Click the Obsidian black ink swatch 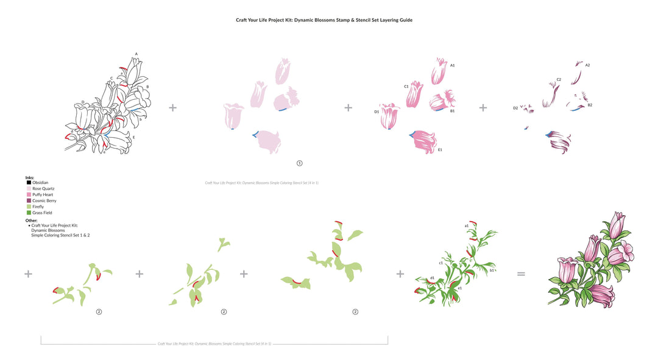pyautogui.click(x=29, y=183)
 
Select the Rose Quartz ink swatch pyautogui.click(x=29, y=189)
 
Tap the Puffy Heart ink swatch pyautogui.click(x=29, y=195)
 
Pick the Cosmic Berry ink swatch pyautogui.click(x=29, y=200)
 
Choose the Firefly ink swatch pyautogui.click(x=29, y=206)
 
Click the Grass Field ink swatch pyautogui.click(x=29, y=213)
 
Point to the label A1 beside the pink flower pyautogui.click(x=453, y=65)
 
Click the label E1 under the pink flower pyautogui.click(x=440, y=149)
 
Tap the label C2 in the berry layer pyautogui.click(x=559, y=79)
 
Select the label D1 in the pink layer pyautogui.click(x=377, y=111)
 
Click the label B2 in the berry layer pyautogui.click(x=590, y=105)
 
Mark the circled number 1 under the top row pyautogui.click(x=299, y=163)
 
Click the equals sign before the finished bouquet pyautogui.click(x=521, y=274)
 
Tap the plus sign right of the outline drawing pyautogui.click(x=173, y=108)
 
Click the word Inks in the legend pyautogui.click(x=30, y=177)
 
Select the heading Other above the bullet pyautogui.click(x=32, y=220)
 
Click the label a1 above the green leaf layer pyautogui.click(x=467, y=225)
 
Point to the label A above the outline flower pyautogui.click(x=136, y=54)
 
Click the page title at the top pyautogui.click(x=324, y=20)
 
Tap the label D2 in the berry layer pyautogui.click(x=515, y=108)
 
